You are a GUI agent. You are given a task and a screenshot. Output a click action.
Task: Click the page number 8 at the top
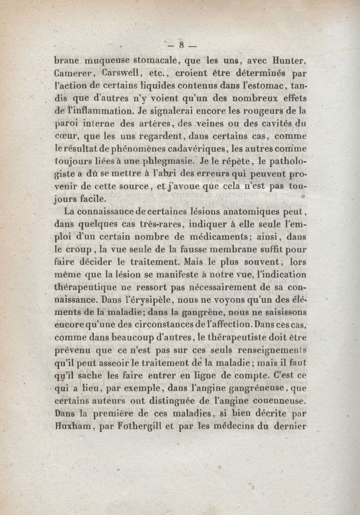181,45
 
